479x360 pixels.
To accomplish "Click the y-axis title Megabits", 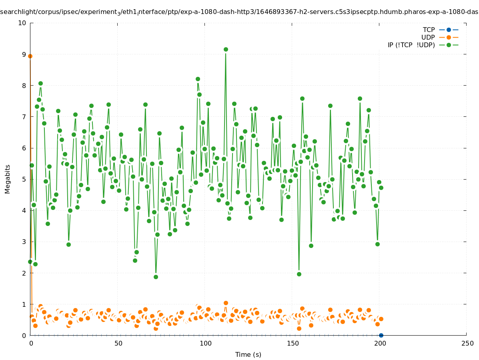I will coord(8,179).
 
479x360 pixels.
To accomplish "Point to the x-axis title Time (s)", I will coord(248,354).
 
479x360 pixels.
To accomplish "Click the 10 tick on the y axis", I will coord(22,23).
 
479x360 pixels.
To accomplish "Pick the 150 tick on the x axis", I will coord(293,343).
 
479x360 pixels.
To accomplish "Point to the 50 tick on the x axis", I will coord(118,343).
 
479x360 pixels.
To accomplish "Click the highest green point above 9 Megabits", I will coord(226,49).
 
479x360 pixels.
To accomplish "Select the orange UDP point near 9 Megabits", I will coord(30,56).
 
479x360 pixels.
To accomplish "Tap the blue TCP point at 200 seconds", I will coord(381,335).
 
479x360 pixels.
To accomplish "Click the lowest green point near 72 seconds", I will coord(156,277).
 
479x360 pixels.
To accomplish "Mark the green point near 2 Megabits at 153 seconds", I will coord(299,274).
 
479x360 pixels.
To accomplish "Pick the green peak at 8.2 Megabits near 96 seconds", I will coord(198,79).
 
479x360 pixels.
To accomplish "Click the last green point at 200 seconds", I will coord(381,188).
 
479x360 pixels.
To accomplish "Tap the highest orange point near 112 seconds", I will coord(226,303).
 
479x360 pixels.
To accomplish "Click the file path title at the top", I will coord(239,12).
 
